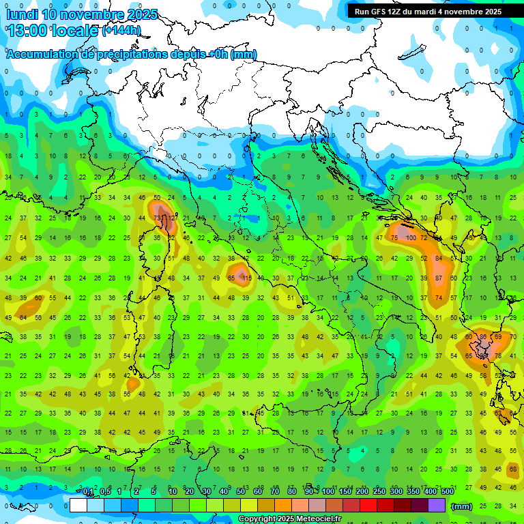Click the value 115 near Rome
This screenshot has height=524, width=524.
coord(246,278)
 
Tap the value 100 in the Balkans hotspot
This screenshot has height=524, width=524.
coord(410,237)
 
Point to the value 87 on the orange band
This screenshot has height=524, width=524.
coord(439,278)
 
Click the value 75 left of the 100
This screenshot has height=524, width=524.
coord(394,237)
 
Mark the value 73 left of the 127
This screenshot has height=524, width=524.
coord(157,218)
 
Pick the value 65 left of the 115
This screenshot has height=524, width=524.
coord(231,278)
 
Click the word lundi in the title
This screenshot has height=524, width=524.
coord(24,14)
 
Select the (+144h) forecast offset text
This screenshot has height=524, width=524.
coord(121,31)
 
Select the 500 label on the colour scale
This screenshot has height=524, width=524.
coord(447,492)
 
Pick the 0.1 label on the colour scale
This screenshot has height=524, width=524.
coord(88,492)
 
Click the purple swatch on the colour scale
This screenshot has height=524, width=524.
coord(437,506)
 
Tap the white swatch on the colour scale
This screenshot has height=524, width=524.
coord(78,506)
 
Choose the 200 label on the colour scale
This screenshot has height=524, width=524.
coord(362,492)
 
